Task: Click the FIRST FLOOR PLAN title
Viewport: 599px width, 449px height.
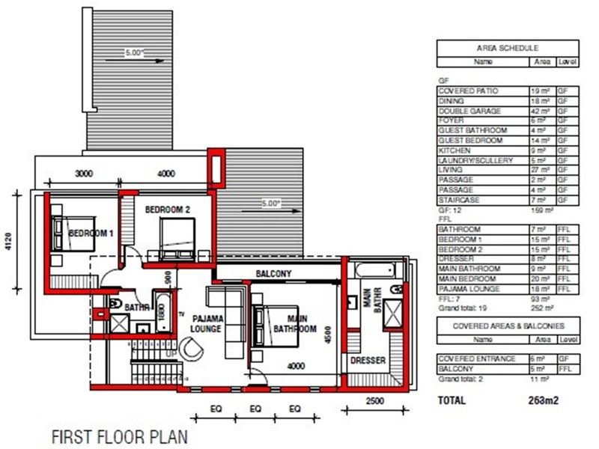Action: click(x=118, y=436)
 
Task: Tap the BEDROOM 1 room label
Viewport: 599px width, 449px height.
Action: click(x=91, y=233)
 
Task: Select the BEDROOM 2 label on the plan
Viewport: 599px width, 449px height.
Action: click(x=168, y=210)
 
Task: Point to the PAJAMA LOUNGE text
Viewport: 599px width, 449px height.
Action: click(x=204, y=323)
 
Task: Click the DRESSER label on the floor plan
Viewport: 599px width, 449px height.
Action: click(x=368, y=361)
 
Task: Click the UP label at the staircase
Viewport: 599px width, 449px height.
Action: click(x=171, y=352)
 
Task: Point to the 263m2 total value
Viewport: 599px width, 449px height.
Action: click(x=541, y=400)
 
